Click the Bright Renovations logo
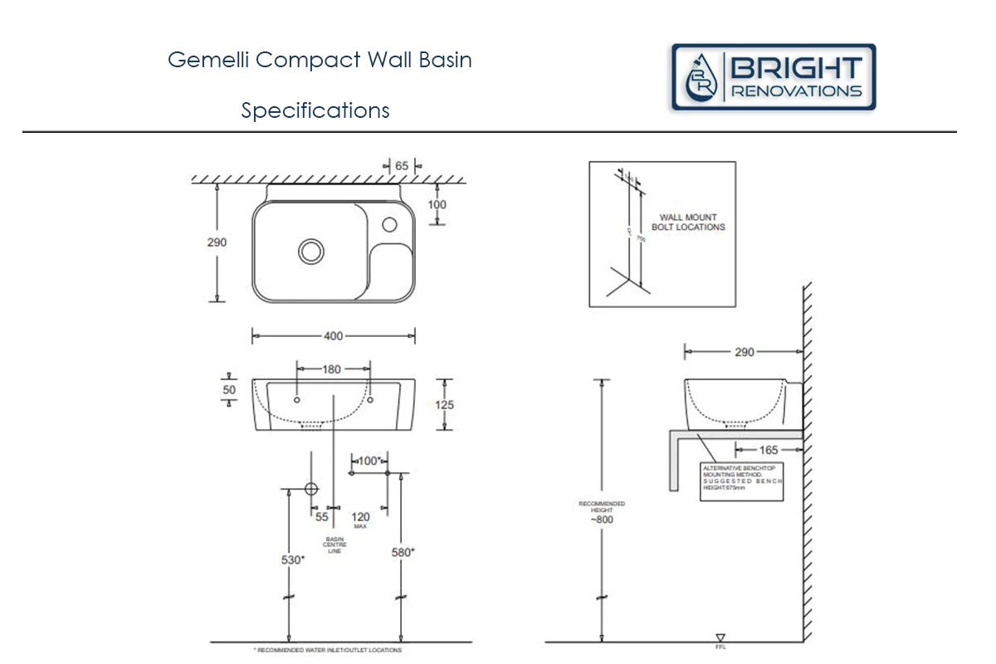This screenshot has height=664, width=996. click(x=774, y=77)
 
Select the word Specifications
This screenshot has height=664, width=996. click(x=315, y=110)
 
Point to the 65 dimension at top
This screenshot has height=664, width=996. click(x=402, y=166)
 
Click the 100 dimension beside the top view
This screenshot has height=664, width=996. click(x=437, y=204)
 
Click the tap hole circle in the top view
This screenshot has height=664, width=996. click(x=389, y=223)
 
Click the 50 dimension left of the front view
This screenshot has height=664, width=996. click(x=229, y=389)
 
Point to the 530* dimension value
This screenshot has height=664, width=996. click(x=292, y=559)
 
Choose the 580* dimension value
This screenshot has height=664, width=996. click(x=403, y=551)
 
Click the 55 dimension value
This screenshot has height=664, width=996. click(x=322, y=517)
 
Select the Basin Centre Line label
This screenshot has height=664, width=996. click(x=334, y=544)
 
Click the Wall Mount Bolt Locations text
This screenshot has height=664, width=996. click(x=688, y=222)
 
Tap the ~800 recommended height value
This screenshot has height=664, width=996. click(x=603, y=520)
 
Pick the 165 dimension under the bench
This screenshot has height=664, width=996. click(x=769, y=450)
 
